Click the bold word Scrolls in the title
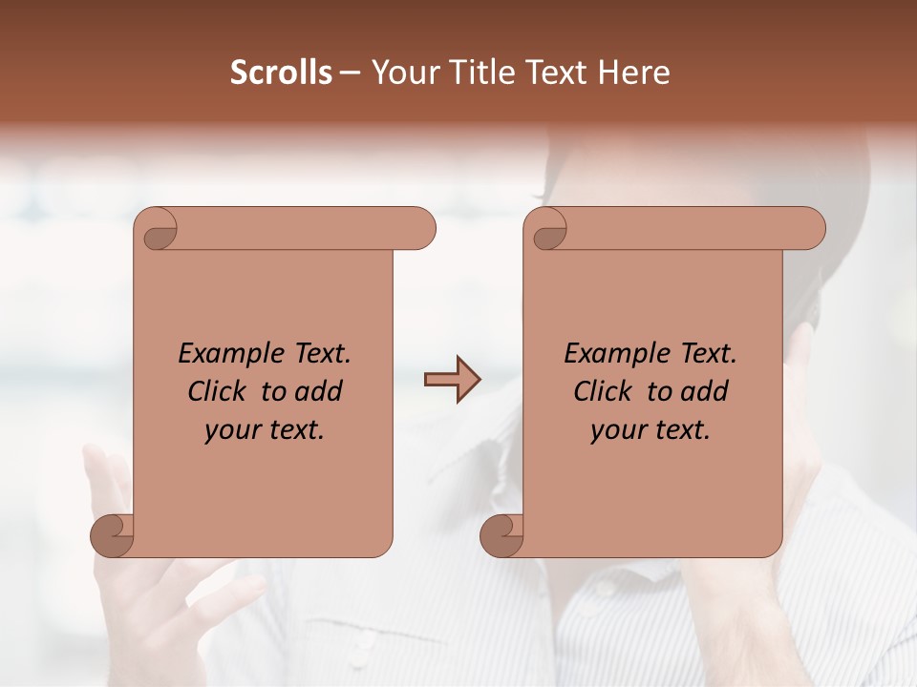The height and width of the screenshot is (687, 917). tap(281, 73)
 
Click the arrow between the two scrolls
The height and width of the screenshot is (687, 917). tap(452, 380)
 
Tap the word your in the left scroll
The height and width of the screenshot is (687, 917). tap(230, 431)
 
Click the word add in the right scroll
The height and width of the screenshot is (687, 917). tap(705, 392)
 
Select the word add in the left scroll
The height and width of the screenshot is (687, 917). tap(319, 392)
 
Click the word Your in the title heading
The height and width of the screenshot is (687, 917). tap(404, 73)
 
